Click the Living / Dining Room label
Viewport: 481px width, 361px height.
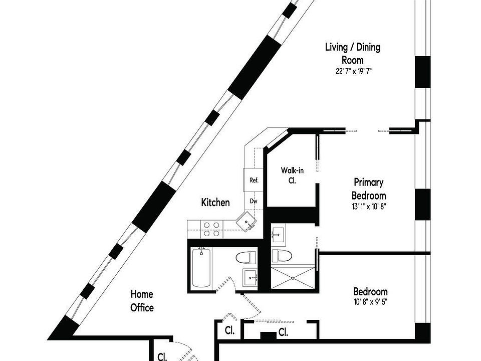pos(352,54)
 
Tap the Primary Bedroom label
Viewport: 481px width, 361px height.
pos(369,189)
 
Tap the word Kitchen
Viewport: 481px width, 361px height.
pos(215,203)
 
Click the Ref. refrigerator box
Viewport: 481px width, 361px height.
pos(254,180)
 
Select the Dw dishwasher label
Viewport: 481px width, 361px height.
pos(254,201)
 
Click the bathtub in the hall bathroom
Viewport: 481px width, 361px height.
pos(201,268)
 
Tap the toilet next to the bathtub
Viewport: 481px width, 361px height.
pos(247,259)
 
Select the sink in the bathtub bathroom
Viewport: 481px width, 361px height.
pos(250,277)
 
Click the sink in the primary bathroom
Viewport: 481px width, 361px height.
pos(279,234)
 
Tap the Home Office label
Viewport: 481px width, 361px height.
pos(142,301)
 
